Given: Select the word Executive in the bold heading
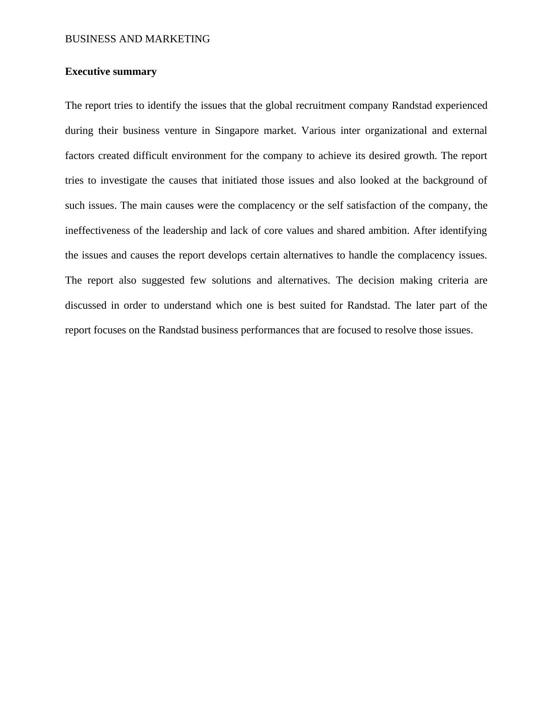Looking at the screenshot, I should (x=86, y=72).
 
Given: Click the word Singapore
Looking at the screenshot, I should (x=237, y=131).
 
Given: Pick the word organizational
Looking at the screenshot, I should (x=396, y=131).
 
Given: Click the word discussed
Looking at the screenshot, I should (x=86, y=305).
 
